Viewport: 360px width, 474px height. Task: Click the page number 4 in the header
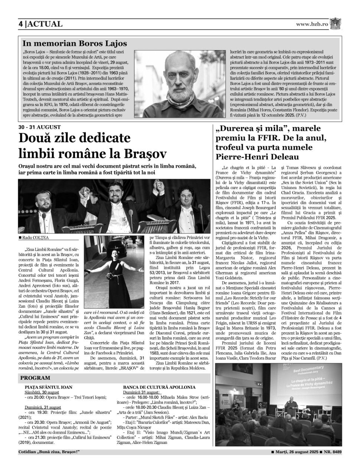point(21,24)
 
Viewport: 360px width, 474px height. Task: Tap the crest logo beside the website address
point(335,23)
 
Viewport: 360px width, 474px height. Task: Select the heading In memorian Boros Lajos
point(75,43)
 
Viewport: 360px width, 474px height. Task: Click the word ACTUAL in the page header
point(45,24)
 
